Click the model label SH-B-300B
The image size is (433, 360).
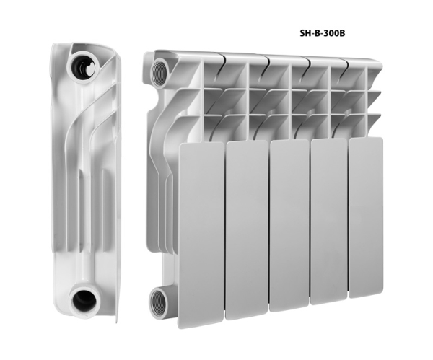point(323,33)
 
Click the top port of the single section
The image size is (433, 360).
point(83,66)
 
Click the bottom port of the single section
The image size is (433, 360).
point(84,302)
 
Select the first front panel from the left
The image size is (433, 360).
point(201,234)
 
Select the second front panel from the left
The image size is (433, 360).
point(247,230)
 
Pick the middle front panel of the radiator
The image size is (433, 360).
point(289,225)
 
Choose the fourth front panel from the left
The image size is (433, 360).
point(330,221)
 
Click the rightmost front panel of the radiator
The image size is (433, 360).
point(366,218)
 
